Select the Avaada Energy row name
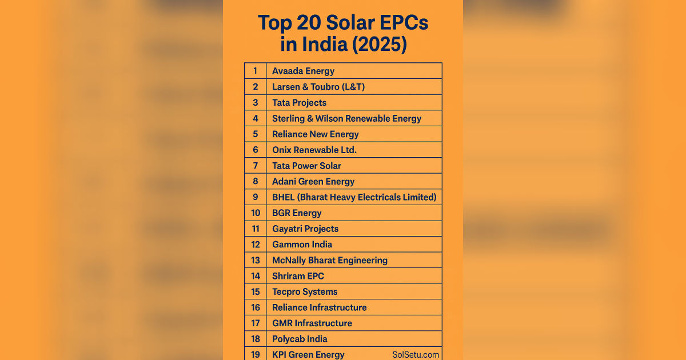point(303,71)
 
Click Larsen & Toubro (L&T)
point(318,87)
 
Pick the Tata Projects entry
point(299,103)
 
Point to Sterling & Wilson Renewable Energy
point(346,118)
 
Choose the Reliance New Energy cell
point(315,134)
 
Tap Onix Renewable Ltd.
point(314,150)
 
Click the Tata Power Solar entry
point(306,166)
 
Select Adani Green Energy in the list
point(313,181)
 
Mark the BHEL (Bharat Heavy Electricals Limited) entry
point(354,197)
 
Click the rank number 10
point(256,213)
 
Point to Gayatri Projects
point(305,229)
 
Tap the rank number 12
point(256,244)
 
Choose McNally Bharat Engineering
point(329,260)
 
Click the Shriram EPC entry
point(298,275)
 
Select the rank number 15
point(256,291)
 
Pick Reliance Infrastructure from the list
point(319,307)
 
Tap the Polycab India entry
point(300,339)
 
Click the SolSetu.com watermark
point(416,354)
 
